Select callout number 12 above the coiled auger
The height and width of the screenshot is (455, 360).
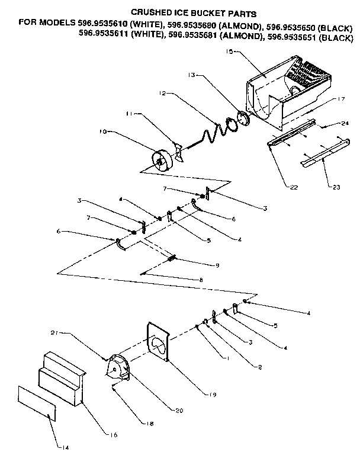[x=163, y=94]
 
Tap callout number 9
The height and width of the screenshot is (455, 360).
[x=217, y=265]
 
